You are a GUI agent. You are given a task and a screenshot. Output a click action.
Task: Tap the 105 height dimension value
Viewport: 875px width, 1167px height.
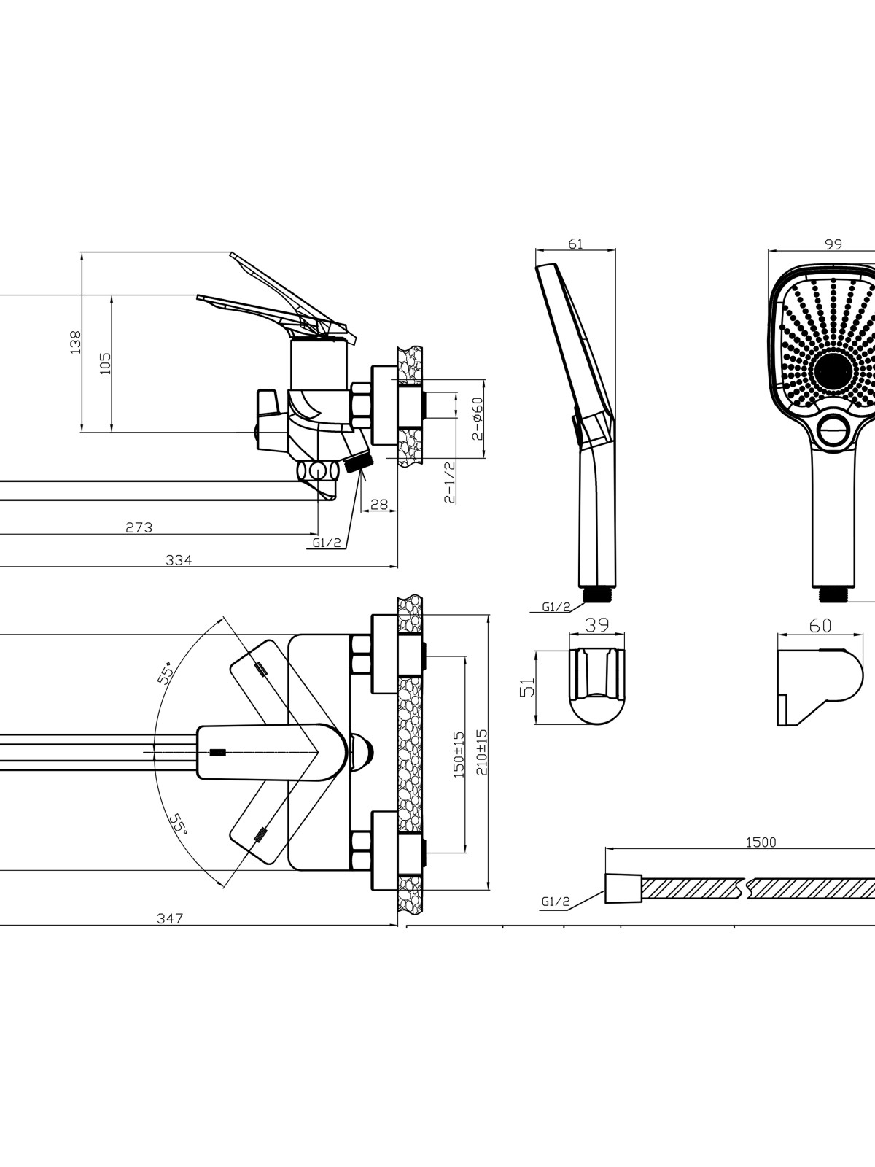point(106,363)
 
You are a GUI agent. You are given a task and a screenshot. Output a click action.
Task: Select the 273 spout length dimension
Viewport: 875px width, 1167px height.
point(139,527)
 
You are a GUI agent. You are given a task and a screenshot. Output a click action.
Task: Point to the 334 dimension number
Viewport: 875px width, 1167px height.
point(179,559)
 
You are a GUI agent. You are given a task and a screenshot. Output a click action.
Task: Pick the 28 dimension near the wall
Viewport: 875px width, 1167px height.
point(378,503)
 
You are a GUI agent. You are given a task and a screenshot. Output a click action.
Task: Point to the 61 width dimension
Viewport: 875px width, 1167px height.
point(575,244)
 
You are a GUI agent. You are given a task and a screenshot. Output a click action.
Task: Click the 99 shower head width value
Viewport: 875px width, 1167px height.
point(833,244)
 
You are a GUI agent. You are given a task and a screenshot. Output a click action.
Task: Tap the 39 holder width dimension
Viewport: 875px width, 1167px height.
point(597,624)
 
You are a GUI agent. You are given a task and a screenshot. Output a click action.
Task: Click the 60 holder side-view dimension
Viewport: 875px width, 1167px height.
point(820,625)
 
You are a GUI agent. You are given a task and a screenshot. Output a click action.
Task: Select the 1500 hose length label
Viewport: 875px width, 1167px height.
point(761,842)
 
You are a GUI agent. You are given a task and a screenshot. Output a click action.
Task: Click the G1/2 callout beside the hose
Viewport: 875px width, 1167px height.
point(556,902)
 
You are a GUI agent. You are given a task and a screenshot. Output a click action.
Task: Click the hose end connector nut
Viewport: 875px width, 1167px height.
point(623,888)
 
